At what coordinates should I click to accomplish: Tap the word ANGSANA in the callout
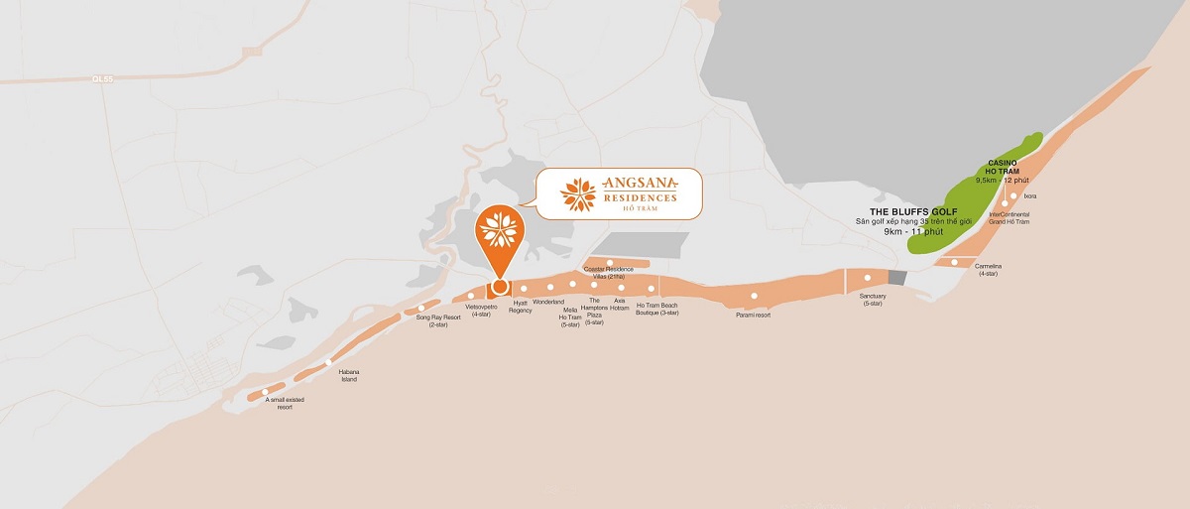coord(640,183)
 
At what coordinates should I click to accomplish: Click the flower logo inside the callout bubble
coord(576,193)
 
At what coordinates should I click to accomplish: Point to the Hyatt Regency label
coord(521,306)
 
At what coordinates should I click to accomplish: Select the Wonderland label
coord(548,302)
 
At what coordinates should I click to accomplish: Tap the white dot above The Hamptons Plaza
coord(594,285)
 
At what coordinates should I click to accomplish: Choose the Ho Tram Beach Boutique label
coord(656,309)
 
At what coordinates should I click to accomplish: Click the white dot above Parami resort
coord(755,296)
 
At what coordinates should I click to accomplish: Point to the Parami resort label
coord(754,315)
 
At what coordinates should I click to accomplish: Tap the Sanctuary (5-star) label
coord(874,299)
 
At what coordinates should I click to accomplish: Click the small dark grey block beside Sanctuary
coord(897,278)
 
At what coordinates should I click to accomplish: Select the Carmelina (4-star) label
coord(988,269)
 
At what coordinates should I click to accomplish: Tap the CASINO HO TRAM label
coord(1005,167)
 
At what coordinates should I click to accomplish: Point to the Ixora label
coord(1029,196)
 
